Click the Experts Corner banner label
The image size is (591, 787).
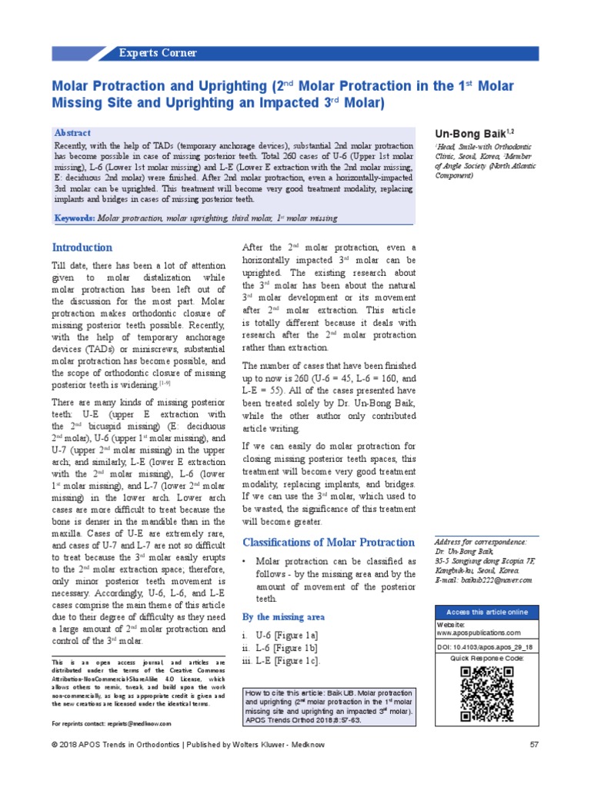tap(158, 53)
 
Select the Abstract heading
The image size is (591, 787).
tap(72, 133)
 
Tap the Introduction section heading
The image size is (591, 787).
tap(82, 247)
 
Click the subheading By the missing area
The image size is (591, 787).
tap(283, 616)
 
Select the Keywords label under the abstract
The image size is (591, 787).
tap(75, 218)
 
